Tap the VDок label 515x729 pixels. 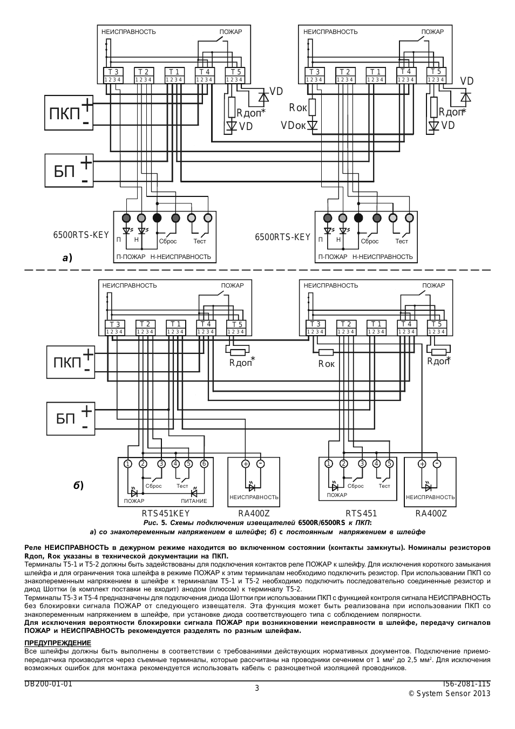click(293, 125)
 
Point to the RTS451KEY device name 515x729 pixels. click(165, 514)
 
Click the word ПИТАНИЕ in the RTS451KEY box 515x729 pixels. click(194, 501)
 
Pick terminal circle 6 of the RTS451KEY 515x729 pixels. click(204, 464)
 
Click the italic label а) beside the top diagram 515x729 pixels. click(67, 258)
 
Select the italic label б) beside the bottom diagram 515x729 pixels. click(78, 486)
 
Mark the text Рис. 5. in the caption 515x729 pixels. click(155, 523)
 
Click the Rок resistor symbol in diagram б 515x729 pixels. click(326, 352)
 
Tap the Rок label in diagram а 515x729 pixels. click(297, 108)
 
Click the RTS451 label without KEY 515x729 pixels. click(361, 514)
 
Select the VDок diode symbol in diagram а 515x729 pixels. click(313, 125)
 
